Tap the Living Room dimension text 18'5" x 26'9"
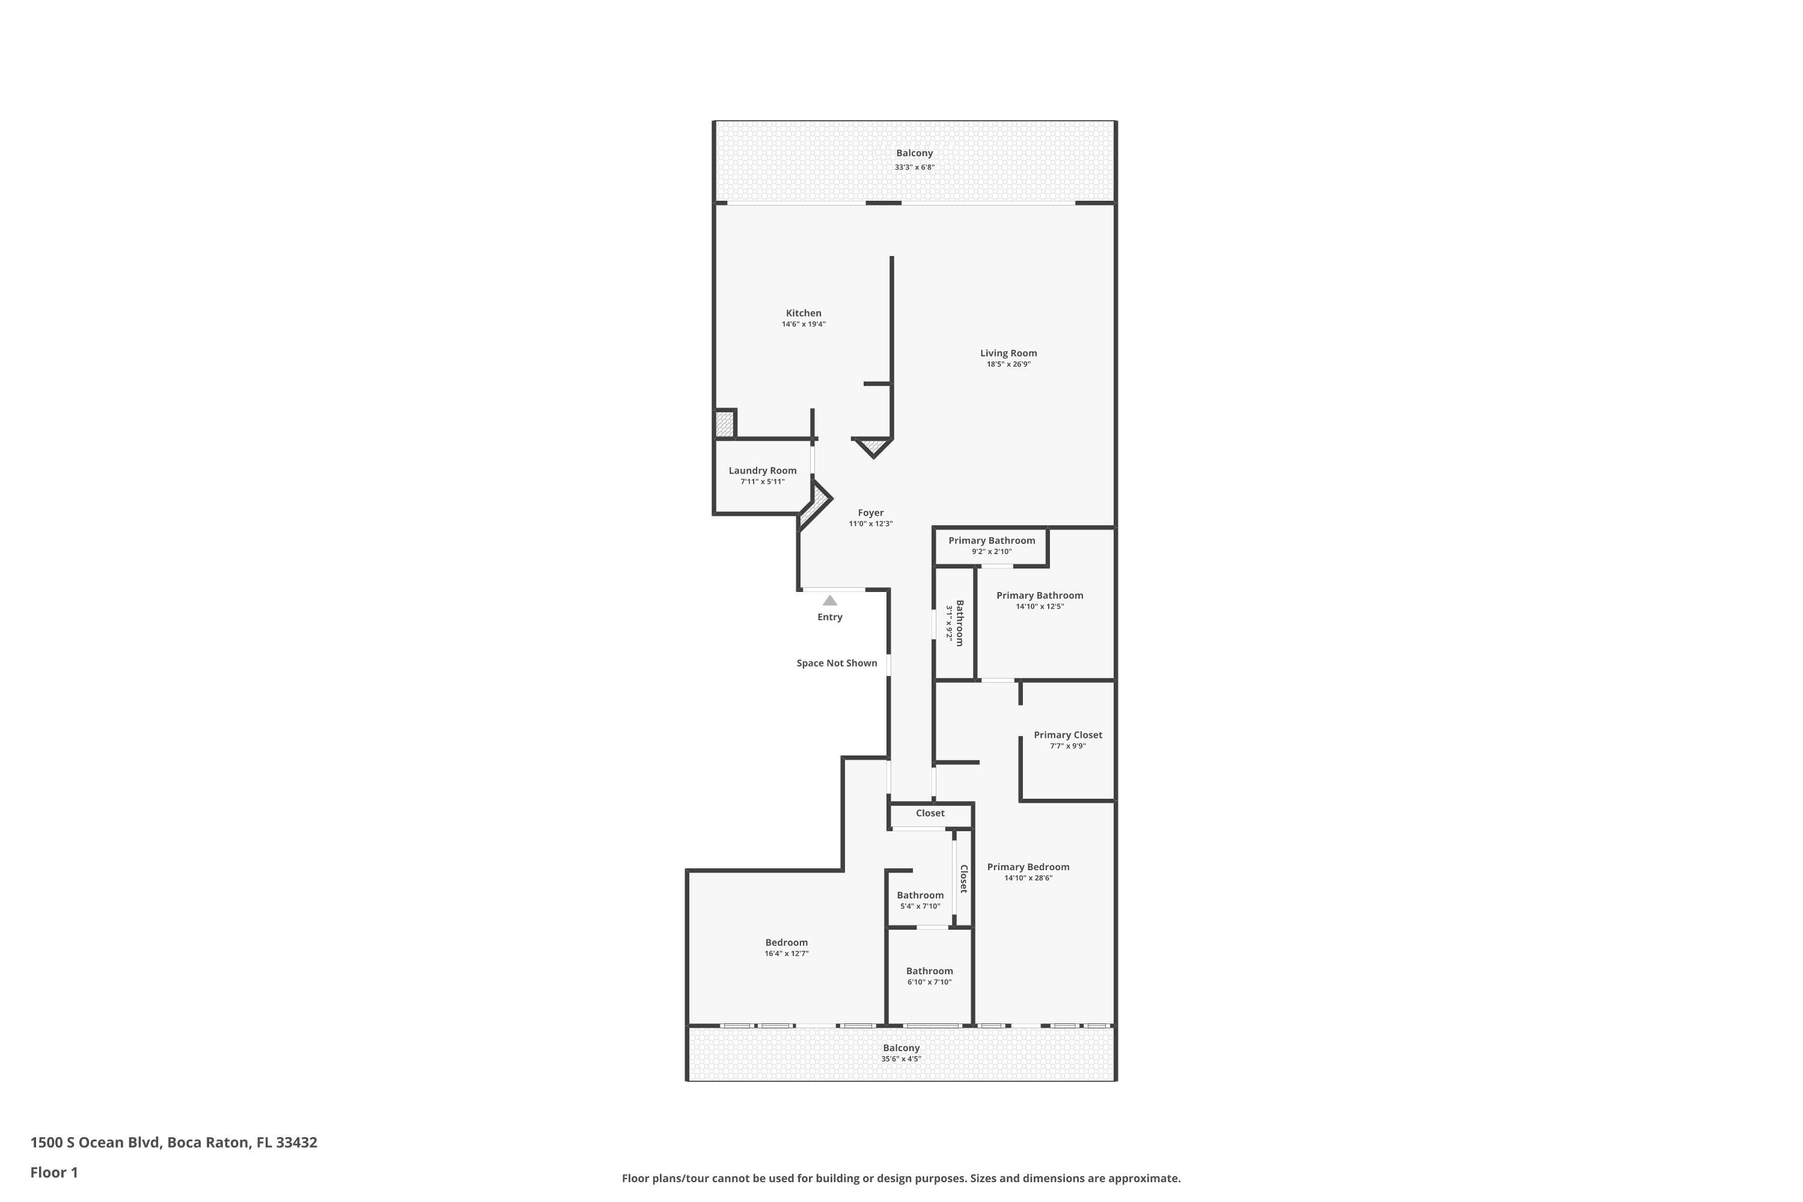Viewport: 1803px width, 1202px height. click(x=1007, y=364)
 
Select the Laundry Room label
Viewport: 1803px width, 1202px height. click(x=762, y=471)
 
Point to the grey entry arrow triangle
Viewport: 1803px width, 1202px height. click(x=829, y=600)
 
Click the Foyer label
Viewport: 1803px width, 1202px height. click(x=870, y=513)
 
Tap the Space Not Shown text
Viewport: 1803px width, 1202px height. click(x=837, y=663)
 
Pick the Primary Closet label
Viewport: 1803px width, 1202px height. click(x=1067, y=735)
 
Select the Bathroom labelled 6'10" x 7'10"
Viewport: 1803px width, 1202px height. click(x=929, y=971)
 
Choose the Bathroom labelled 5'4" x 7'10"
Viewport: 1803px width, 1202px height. click(x=920, y=895)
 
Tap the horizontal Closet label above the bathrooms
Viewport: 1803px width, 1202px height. click(x=929, y=813)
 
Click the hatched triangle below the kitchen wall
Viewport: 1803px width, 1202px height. click(x=873, y=445)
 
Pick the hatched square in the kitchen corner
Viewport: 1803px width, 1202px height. click(x=724, y=424)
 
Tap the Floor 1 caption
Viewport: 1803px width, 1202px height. click(x=53, y=1172)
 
